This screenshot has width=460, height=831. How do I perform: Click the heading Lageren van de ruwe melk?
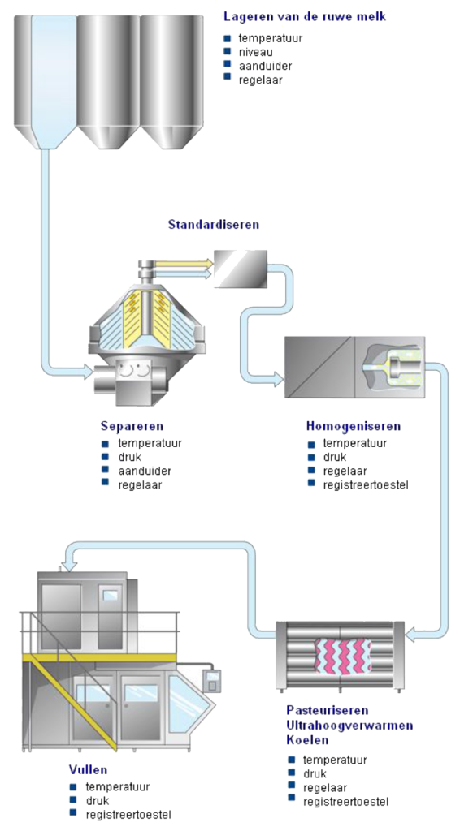[305, 16]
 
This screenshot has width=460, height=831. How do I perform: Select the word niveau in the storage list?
[256, 53]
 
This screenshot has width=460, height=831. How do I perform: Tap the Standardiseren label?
[214, 224]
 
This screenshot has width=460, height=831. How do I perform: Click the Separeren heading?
[132, 426]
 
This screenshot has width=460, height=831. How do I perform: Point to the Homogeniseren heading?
[354, 426]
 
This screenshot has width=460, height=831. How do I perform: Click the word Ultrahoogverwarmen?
[349, 725]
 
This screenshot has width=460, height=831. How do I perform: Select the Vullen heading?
[88, 769]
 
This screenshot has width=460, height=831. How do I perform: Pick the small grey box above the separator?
[241, 269]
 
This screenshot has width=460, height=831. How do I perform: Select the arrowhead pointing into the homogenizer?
[278, 377]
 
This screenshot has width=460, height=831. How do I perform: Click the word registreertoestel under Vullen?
[128, 815]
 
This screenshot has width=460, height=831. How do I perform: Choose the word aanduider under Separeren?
[145, 471]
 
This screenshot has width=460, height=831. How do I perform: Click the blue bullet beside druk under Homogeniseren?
[311, 456]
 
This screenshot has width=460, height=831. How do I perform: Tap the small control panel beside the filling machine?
[212, 682]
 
